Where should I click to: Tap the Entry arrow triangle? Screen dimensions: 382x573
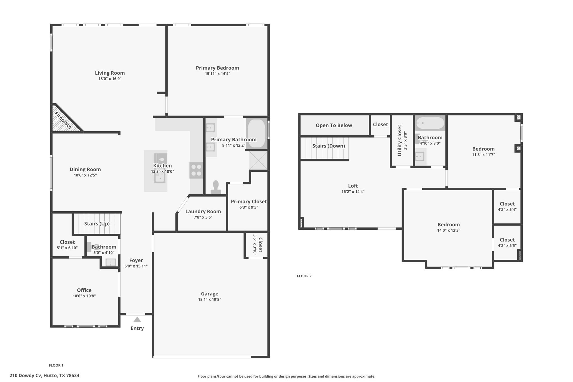pos(137,320)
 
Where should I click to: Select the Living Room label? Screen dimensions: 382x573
pos(110,73)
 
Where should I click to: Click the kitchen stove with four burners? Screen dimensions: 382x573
pos(196,170)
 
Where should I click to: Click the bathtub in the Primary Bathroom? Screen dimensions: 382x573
pos(257,133)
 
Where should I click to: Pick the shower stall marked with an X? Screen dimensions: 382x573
pos(258,160)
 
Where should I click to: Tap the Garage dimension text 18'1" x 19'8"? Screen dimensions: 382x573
pos(210,299)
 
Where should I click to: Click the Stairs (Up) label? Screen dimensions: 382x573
pos(97,224)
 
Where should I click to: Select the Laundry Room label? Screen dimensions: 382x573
pos(203,212)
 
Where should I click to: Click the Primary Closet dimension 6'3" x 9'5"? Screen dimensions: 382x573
pos(248,207)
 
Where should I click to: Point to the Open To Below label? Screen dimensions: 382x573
pos(334,125)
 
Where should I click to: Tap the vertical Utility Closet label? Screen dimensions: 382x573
pos(400,140)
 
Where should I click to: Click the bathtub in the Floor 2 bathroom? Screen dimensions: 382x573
pos(430,123)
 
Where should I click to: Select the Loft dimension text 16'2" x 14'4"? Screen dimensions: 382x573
pos(353,192)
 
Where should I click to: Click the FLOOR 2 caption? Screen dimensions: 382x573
pos(304,276)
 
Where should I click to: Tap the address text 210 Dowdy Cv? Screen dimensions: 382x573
pos(44,376)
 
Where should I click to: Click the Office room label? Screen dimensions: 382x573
pos(84,290)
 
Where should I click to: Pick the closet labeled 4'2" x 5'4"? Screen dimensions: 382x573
pos(507,207)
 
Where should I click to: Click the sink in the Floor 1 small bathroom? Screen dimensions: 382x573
pos(111,263)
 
